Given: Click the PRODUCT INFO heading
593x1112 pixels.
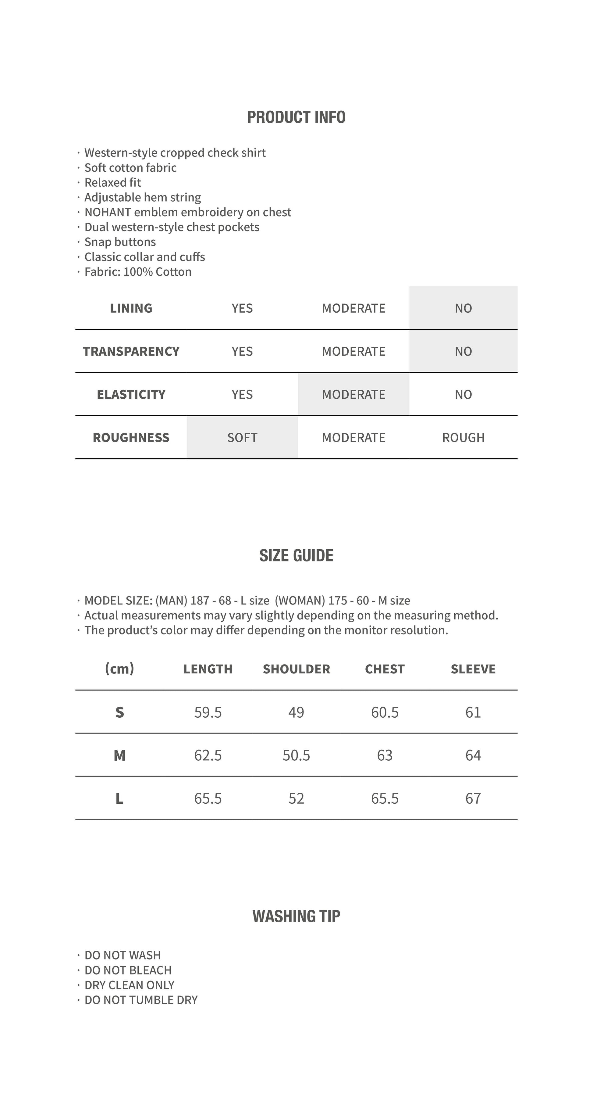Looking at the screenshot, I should click(296, 117).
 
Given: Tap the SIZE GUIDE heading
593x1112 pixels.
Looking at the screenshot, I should click(296, 556).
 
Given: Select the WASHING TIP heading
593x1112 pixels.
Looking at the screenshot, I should click(296, 916).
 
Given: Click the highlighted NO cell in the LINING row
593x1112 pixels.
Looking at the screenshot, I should click(463, 308).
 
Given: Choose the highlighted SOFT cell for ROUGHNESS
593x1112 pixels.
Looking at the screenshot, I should click(242, 438).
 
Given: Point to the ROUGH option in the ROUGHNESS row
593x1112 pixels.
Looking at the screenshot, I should click(463, 438).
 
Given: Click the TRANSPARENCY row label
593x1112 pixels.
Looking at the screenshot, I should click(131, 351).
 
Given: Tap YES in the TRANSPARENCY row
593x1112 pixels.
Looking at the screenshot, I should click(242, 351).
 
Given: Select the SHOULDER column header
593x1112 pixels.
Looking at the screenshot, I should click(296, 669).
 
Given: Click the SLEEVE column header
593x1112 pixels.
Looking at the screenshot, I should click(473, 669).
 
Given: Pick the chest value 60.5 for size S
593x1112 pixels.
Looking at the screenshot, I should click(385, 712).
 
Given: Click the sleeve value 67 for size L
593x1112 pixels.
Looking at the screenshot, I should click(473, 798).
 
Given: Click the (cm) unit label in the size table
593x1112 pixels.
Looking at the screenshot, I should click(119, 669).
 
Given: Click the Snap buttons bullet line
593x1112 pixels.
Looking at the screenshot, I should click(120, 242).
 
